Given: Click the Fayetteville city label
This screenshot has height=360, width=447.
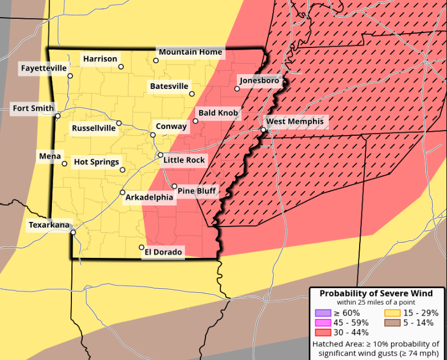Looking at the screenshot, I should coord(44,68).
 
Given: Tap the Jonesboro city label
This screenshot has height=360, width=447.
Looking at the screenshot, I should coord(260,80).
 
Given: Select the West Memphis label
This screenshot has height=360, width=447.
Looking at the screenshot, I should coord(295,122).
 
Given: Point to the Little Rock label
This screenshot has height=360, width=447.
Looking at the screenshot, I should coord(184,160).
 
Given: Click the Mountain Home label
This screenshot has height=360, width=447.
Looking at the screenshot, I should coord(190,52).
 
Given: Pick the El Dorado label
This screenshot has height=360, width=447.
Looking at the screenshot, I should coord(163,252).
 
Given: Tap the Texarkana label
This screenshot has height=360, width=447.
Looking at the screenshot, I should coord(49,225).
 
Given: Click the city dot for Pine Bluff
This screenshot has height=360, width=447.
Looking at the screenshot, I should coord(175,186).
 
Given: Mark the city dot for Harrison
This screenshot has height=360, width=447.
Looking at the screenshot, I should coord(121,67).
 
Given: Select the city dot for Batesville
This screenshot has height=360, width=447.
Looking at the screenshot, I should coord(192,94).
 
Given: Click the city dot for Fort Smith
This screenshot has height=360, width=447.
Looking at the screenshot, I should coord(58,116).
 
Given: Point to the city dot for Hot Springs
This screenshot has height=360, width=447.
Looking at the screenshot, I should coord(122,169).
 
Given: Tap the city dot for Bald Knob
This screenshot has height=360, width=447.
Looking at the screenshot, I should coord(195,121).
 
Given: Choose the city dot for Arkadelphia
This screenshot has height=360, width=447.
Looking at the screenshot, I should coord(122,192).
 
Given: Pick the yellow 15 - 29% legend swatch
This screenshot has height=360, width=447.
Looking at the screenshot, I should coord(392,313).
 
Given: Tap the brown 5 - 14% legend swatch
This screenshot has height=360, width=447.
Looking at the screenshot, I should coord(392,322).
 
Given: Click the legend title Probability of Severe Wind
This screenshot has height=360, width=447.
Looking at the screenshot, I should coord(376,293).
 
